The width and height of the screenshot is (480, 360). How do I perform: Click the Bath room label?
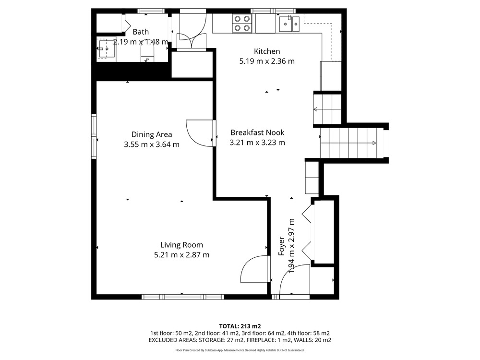[141, 32]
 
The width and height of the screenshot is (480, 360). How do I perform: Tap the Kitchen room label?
[267, 51]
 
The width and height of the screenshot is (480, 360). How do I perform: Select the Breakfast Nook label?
[257, 132]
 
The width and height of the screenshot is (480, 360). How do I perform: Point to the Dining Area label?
[152, 134]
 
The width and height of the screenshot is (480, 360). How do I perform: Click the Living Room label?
[181, 245]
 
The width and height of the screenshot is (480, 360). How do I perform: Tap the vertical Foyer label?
[281, 246]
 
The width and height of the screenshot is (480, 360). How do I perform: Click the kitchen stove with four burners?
[242, 24]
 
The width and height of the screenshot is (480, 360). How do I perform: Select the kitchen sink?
[289, 24]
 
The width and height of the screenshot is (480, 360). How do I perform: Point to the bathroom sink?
[106, 49]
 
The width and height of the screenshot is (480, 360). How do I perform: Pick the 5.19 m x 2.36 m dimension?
[267, 61]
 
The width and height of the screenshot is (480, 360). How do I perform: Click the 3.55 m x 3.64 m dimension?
[152, 144]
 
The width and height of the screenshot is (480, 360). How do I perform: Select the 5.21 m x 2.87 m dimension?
[181, 255]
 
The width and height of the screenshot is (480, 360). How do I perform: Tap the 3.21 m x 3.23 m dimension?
[257, 143]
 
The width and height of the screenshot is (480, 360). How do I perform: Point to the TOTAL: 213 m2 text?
[240, 326]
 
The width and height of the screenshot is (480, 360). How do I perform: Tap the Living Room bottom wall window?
[183, 297]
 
